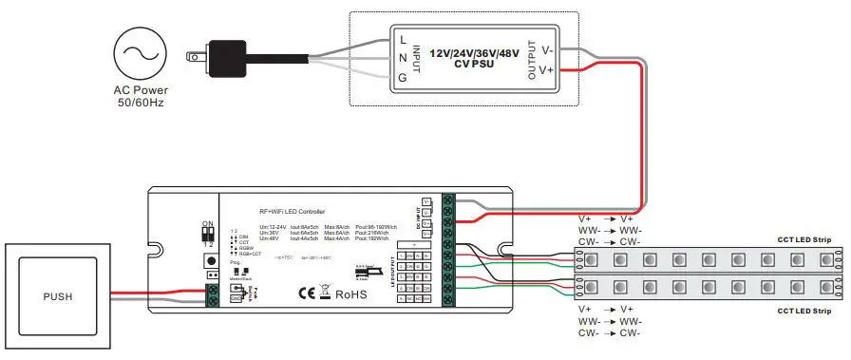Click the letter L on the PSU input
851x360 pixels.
[405, 39]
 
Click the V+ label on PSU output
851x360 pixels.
[547, 69]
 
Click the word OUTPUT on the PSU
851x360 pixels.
[532, 59]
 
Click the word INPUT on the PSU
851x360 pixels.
[418, 58]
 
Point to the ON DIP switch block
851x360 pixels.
[208, 232]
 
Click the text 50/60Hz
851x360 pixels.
[139, 102]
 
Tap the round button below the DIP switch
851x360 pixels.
[208, 259]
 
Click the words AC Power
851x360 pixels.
[139, 89]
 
